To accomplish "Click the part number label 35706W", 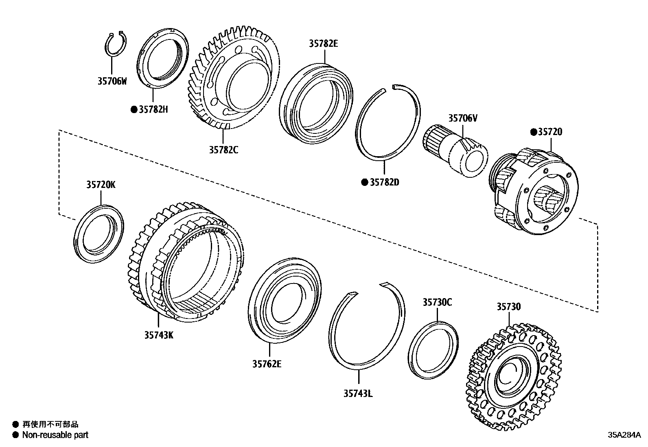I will point(112,81).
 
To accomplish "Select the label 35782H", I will point(153,109).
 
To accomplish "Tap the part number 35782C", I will point(223,150).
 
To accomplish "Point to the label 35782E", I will point(323,44).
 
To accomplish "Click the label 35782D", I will point(385,182).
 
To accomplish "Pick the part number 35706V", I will point(463,118).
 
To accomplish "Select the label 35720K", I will point(101,185).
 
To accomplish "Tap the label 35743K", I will point(159,335).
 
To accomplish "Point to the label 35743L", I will point(358,393).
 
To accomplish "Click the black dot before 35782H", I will point(134,109).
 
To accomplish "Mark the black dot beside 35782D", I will point(365,182).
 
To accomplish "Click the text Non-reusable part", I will point(55,435).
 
